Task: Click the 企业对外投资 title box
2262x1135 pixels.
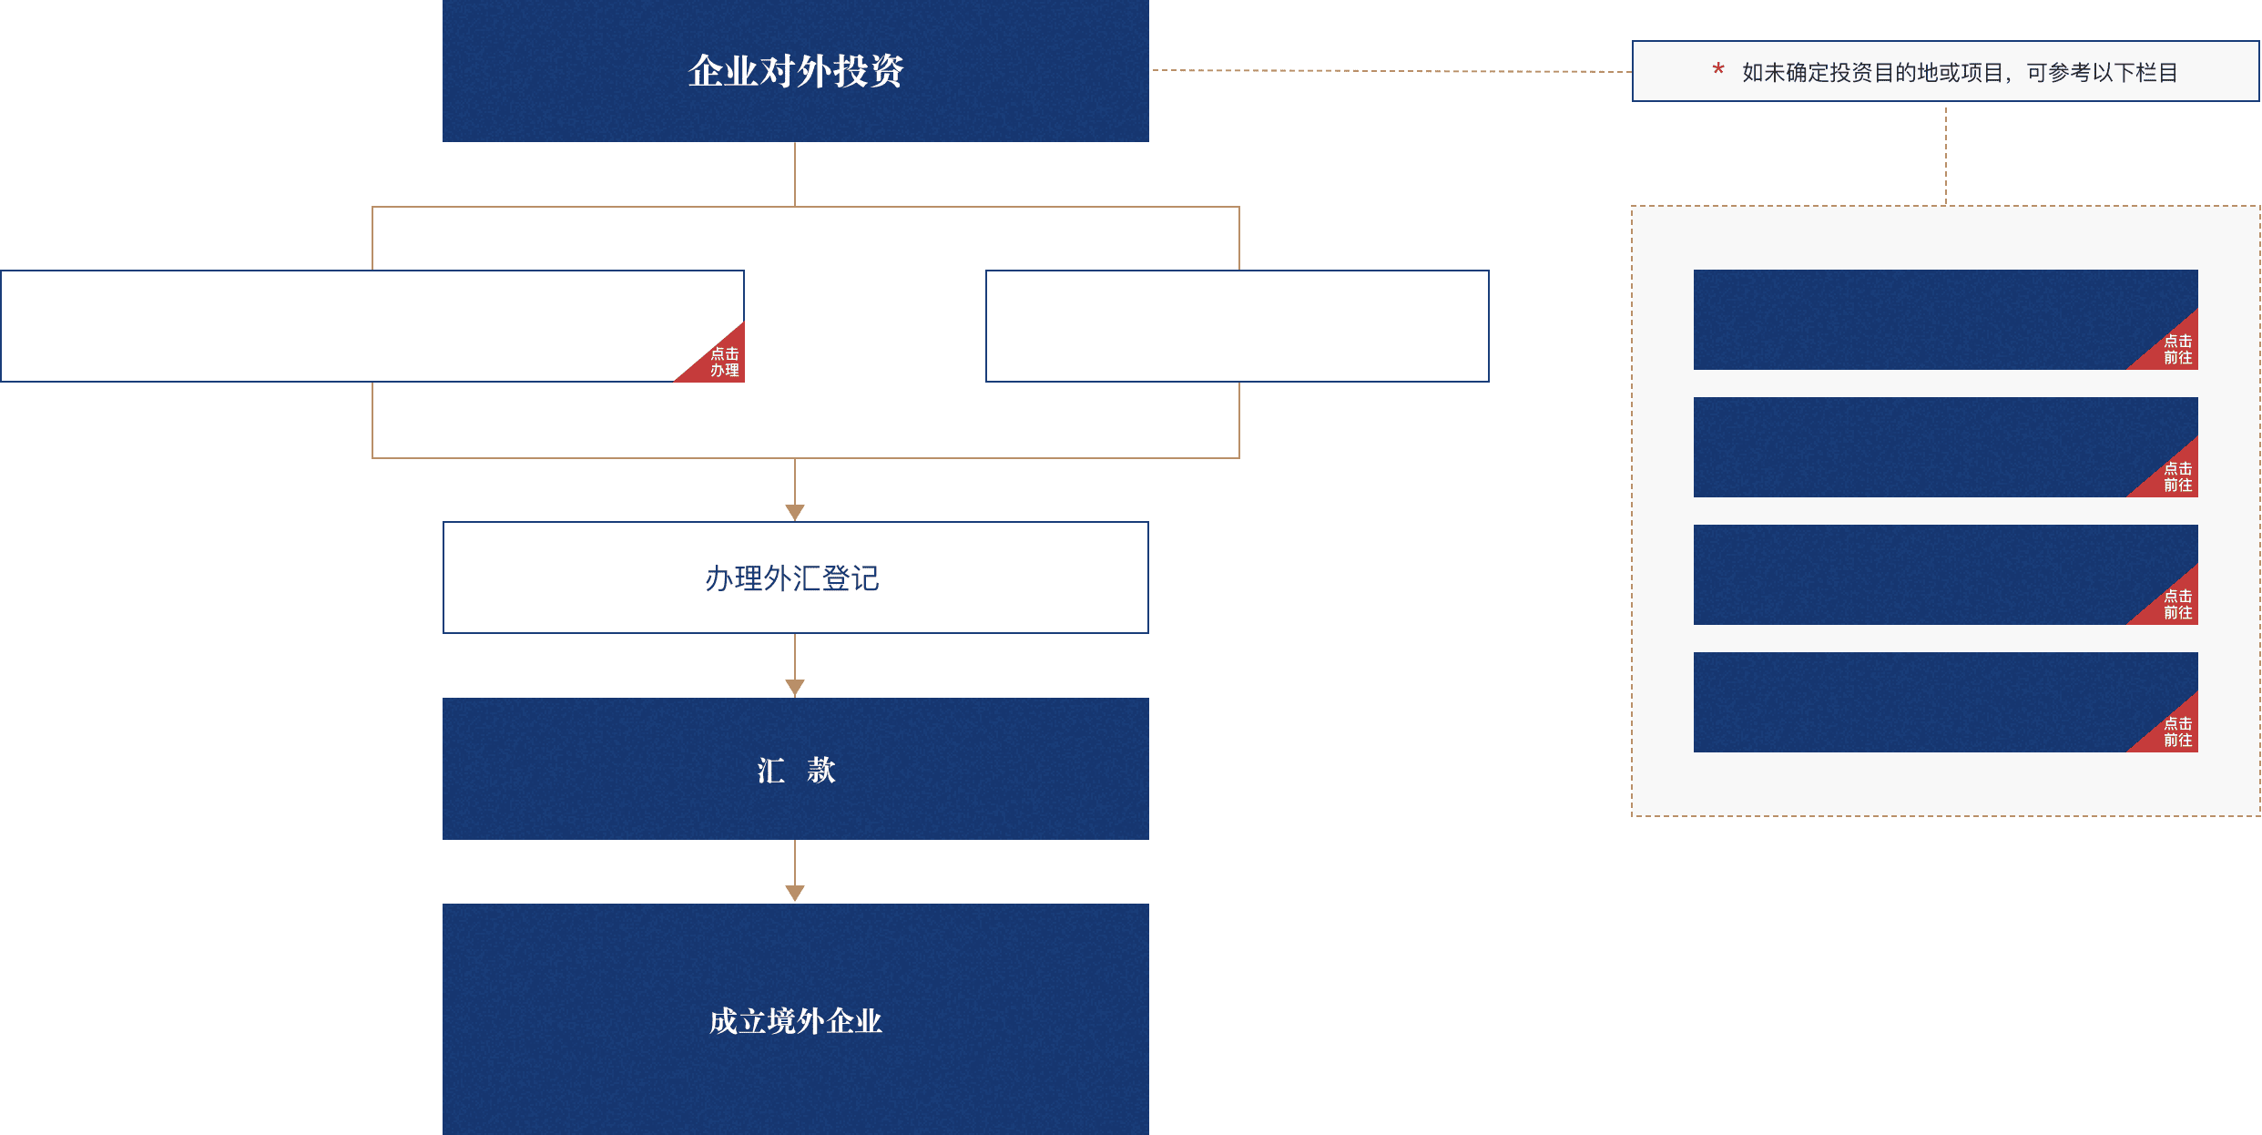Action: coord(795,71)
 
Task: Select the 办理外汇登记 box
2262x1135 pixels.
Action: coord(795,578)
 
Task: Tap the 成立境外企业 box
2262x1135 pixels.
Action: coord(795,1019)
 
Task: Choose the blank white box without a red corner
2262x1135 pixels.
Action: coord(1237,326)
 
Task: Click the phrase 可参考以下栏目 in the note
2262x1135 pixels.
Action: coord(2102,73)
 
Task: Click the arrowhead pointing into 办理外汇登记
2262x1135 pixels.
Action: coord(795,512)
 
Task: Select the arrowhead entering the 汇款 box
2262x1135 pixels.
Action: coord(795,688)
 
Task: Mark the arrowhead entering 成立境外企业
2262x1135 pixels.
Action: coord(795,894)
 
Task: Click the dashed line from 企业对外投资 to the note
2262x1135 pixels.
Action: coord(1391,71)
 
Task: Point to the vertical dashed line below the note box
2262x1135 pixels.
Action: coord(1946,154)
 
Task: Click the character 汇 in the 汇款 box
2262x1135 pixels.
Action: coord(770,771)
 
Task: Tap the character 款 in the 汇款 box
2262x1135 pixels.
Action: coord(820,771)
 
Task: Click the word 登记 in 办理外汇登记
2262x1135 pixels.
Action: coord(851,578)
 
